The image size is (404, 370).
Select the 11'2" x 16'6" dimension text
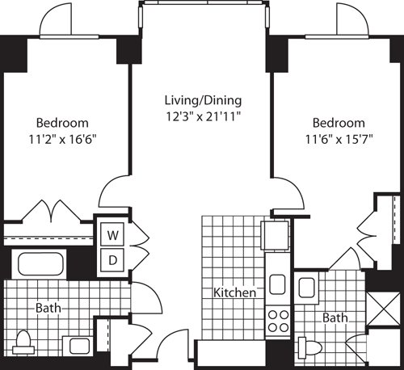62,137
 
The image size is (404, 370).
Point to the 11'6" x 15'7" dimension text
339,137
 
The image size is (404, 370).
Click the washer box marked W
113,235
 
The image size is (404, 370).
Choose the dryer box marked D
113,259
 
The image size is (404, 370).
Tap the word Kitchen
234,292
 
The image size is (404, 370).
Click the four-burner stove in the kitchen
279,320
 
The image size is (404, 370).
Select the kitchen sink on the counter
278,284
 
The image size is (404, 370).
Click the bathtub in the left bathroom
42,264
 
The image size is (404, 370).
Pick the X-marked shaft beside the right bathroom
383,312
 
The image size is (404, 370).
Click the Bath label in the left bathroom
47,308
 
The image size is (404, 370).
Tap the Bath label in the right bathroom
335,317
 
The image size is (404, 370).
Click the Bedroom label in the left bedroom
62,123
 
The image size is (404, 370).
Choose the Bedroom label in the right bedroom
339,123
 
